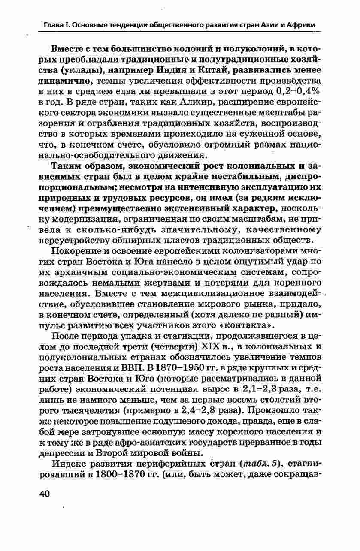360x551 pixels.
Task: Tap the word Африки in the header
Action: (302, 25)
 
